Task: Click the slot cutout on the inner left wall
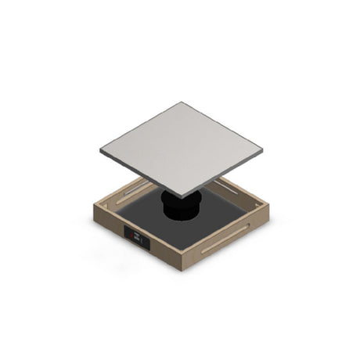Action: point(129,190)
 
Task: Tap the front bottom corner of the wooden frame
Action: point(182,268)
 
